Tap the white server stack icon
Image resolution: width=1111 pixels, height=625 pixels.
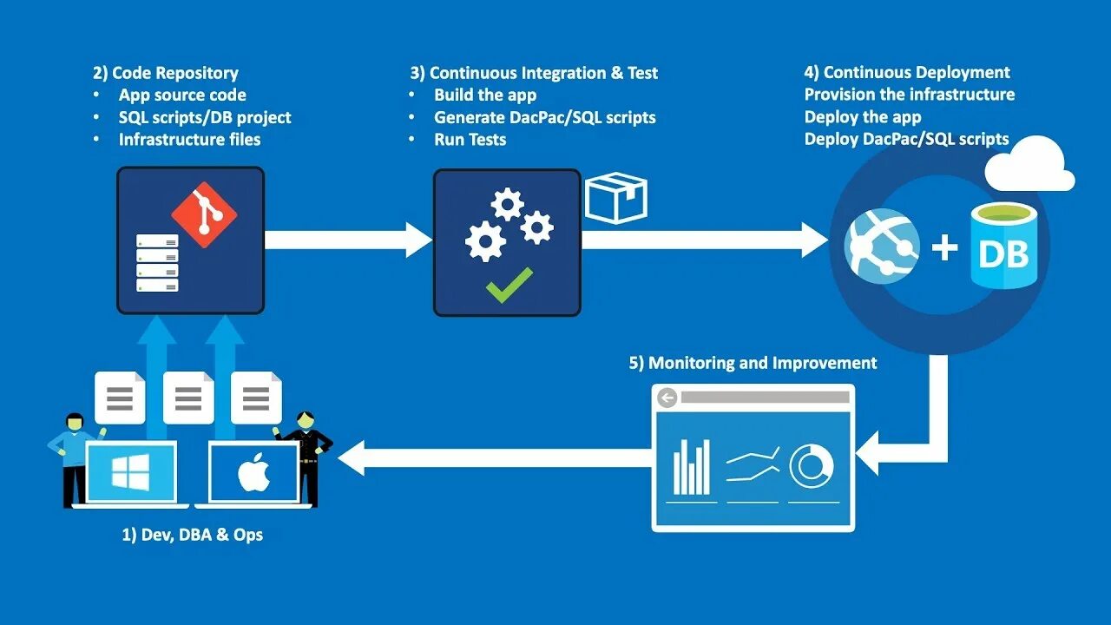coord(157,262)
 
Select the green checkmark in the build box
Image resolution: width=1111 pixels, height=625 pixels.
coord(509,285)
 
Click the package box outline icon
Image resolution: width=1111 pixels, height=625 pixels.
coord(616,197)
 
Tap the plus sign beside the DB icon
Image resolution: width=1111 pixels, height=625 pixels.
coord(944,248)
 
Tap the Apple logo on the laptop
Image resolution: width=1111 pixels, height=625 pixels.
coord(254,473)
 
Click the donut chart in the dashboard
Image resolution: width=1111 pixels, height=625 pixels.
coord(812,467)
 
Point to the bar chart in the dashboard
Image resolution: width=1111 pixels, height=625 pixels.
coord(692,466)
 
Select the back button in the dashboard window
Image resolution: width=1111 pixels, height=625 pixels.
coord(667,398)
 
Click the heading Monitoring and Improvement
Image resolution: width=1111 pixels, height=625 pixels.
coord(753,363)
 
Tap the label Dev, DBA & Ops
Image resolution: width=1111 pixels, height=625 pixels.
coord(192,535)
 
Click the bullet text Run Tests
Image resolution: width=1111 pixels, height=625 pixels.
coord(470,140)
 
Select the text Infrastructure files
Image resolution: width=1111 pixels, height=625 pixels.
coord(189,140)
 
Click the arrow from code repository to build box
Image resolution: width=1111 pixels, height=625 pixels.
coord(347,240)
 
